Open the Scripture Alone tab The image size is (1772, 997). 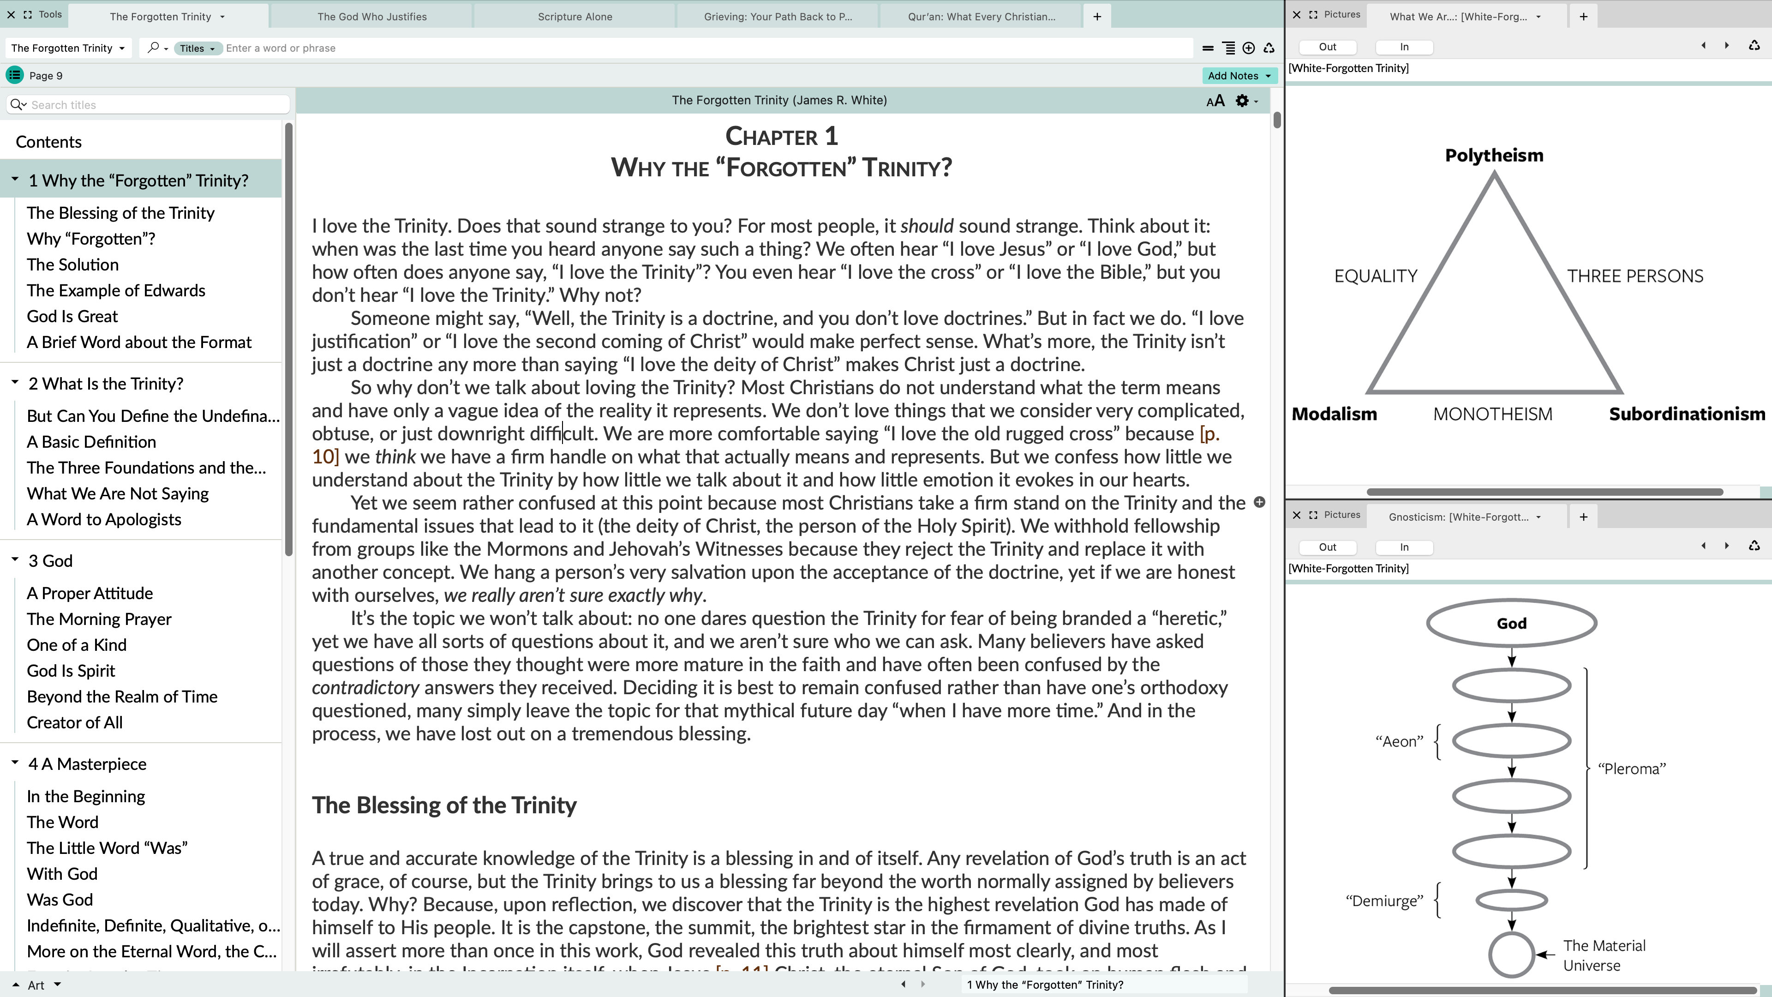coord(575,17)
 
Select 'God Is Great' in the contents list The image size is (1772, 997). coord(72,317)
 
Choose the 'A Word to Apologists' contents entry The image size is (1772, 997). coord(104,519)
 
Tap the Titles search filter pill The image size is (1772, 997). coord(197,48)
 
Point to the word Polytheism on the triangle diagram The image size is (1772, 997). coord(1493,156)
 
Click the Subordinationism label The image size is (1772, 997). coord(1686,414)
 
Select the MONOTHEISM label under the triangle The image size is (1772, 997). coord(1492,414)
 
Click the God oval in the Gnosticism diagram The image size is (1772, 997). coord(1511,624)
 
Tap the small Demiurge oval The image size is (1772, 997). coord(1511,900)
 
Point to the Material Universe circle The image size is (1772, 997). coord(1511,955)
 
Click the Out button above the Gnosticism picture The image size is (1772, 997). coord(1327,547)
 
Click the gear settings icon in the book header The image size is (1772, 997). coord(1242,101)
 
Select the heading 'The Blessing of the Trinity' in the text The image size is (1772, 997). coord(443,805)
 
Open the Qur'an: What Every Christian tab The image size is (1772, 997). coord(981,17)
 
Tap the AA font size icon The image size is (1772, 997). coord(1215,101)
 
